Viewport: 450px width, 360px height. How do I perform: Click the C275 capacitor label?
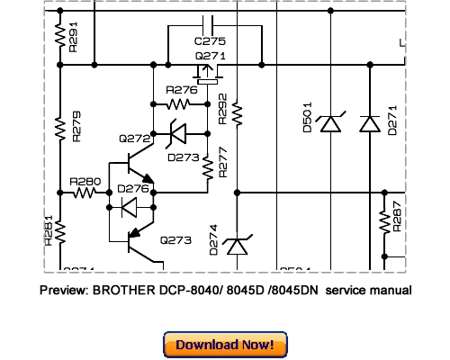[210, 41]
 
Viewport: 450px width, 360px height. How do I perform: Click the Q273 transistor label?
[175, 240]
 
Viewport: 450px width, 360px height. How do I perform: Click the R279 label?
[76, 129]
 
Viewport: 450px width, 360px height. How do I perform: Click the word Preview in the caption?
[63, 291]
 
